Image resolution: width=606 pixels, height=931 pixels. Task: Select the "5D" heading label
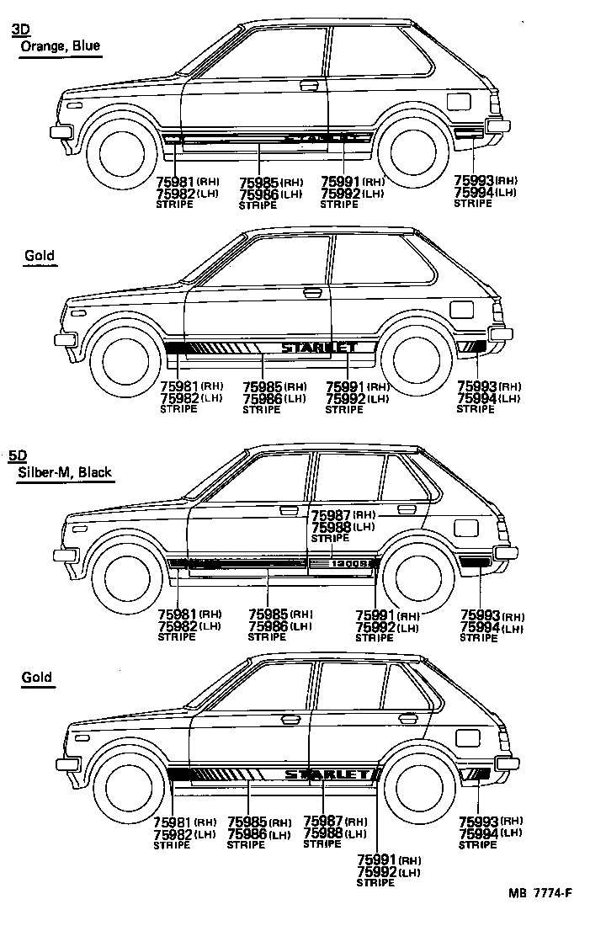[18, 455]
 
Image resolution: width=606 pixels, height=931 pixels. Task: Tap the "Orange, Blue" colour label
[60, 46]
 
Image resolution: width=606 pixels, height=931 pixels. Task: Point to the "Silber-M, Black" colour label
[65, 472]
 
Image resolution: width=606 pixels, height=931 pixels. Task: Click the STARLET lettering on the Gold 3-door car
[319, 347]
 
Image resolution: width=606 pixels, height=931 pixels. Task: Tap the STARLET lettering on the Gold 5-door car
[326, 774]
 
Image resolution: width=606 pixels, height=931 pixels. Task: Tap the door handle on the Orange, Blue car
[309, 84]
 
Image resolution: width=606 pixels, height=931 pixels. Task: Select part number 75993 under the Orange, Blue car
[473, 180]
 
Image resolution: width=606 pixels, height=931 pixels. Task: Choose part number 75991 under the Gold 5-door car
[377, 860]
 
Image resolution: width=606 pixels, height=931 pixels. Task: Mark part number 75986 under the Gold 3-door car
[262, 398]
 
